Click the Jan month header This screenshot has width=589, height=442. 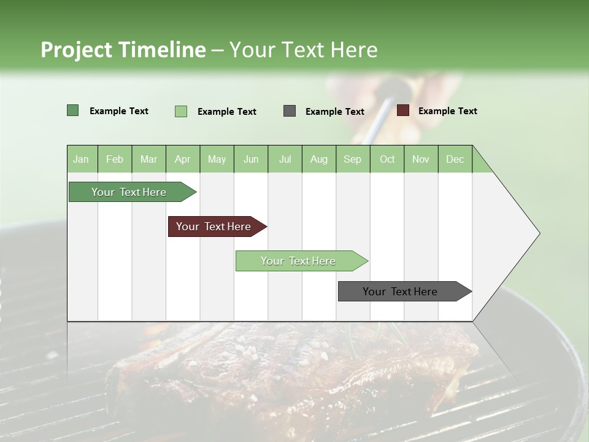point(81,160)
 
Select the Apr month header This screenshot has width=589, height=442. point(183,160)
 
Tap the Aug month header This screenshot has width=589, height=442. point(319,160)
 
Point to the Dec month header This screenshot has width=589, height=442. point(455,160)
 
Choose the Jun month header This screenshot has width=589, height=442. point(251,160)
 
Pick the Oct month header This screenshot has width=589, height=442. point(387,160)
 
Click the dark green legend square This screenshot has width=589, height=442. point(73,110)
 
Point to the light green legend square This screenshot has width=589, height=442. point(181,111)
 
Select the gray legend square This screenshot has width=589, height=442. point(290,111)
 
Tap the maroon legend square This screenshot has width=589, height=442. point(402,110)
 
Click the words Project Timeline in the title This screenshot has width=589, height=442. point(123,50)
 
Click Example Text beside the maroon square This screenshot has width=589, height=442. point(448,111)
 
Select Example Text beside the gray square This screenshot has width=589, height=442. point(335,112)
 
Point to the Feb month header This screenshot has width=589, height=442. point(115,160)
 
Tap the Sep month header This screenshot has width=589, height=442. point(353,160)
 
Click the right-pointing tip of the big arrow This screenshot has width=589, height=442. point(538,233)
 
